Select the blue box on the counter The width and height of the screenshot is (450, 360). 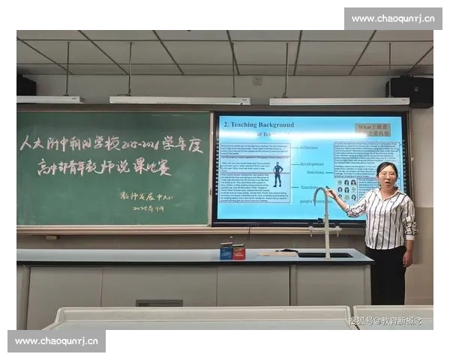coord(226,251)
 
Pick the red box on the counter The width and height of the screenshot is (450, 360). coord(239,252)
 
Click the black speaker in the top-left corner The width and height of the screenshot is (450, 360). coord(24,85)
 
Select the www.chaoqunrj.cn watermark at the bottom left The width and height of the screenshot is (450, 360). coord(57,341)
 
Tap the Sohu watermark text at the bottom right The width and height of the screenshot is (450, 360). coord(385,321)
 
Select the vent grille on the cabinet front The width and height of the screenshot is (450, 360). coord(159,303)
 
